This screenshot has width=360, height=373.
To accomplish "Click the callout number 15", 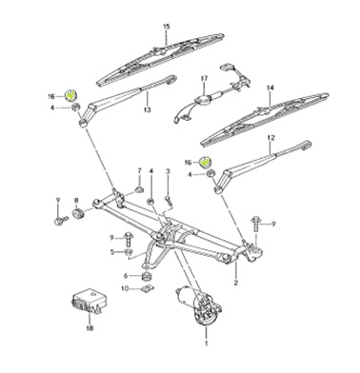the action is point(167,27).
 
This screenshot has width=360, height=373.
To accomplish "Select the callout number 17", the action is point(204,78).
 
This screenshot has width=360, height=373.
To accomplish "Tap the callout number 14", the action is point(270,88).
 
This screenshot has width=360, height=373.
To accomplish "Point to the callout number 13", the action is point(147,109).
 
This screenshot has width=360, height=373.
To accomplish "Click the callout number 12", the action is point(271,138).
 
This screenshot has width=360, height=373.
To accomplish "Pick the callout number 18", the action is point(90,328).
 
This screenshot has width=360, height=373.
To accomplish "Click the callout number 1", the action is point(206,344).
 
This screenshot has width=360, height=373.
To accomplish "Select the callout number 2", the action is point(236,283).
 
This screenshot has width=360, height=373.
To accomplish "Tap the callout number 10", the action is point(125,288).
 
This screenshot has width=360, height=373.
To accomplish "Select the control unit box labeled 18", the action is point(89,301).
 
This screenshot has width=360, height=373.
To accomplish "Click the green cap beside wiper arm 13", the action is point(70,95).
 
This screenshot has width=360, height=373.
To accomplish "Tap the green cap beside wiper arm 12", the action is point(205,162).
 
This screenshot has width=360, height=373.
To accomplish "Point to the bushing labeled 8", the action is point(78,214).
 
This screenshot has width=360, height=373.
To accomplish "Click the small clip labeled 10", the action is point(147,288).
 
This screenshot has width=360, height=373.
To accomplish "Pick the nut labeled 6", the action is point(146,276).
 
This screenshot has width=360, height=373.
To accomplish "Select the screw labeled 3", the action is point(169,201).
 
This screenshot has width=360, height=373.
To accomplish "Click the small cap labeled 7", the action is point(139,189).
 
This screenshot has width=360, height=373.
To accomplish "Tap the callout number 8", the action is point(76,201).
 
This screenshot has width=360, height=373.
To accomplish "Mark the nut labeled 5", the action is point(129,253).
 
